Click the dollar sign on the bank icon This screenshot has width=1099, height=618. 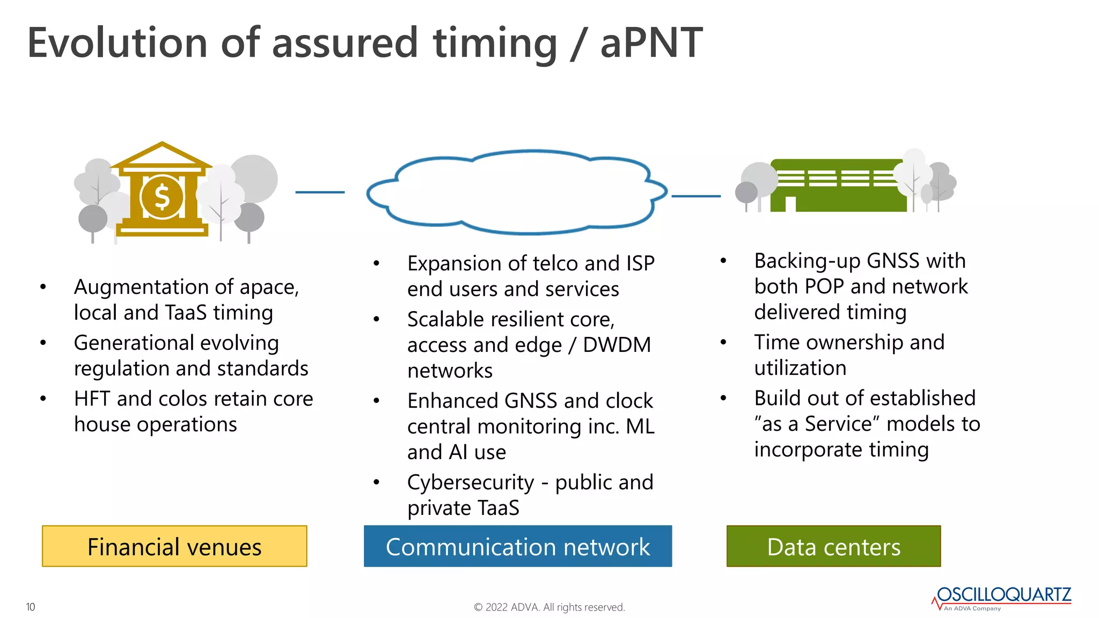click(162, 197)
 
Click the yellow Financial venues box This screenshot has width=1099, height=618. click(174, 546)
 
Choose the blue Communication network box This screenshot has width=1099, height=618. click(517, 546)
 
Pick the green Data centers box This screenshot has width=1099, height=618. click(833, 546)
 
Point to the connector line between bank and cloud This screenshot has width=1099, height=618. click(320, 192)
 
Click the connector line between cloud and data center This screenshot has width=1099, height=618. click(696, 196)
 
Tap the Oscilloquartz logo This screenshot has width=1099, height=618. click(1002, 598)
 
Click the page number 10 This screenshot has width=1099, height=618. click(31, 607)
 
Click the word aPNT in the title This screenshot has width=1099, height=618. click(651, 43)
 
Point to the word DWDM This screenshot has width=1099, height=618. click(617, 345)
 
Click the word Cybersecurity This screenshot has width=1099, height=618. click(471, 482)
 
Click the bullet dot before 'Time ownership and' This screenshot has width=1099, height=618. click(723, 342)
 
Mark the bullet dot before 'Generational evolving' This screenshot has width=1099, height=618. click(43, 343)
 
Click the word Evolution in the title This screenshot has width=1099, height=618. click(117, 43)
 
